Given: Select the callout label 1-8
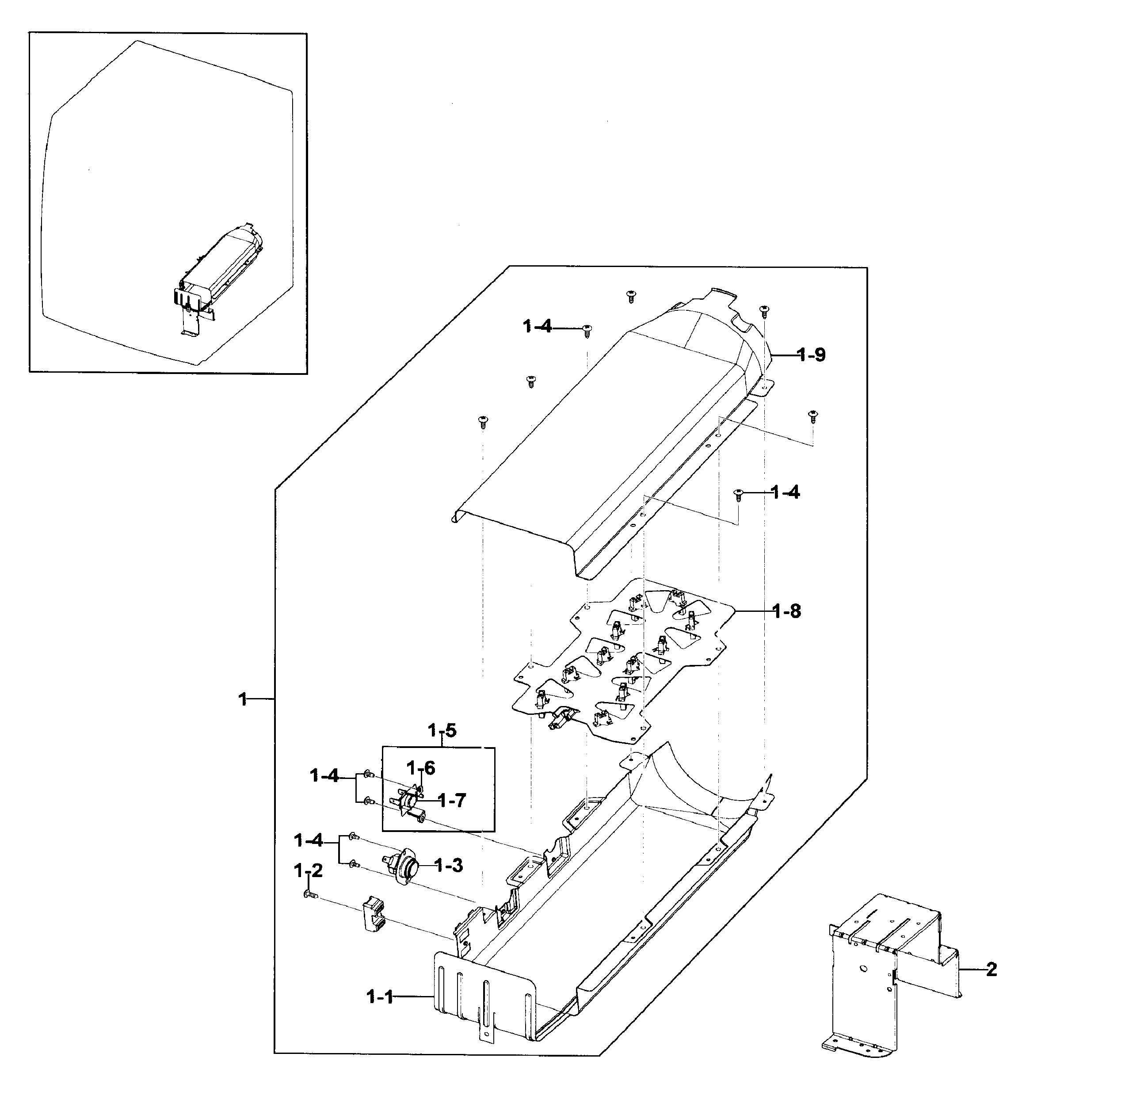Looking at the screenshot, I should pyautogui.click(x=787, y=611).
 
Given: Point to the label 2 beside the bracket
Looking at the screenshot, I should pyautogui.click(x=992, y=969).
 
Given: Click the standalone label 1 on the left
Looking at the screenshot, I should pyautogui.click(x=243, y=700).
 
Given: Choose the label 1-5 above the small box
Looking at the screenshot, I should pyautogui.click(x=442, y=730).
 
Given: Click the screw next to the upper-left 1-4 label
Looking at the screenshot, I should pyautogui.click(x=587, y=330).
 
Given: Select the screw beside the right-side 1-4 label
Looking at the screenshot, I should pyautogui.click(x=739, y=493).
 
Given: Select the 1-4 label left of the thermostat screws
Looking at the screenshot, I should pyautogui.click(x=308, y=840).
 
